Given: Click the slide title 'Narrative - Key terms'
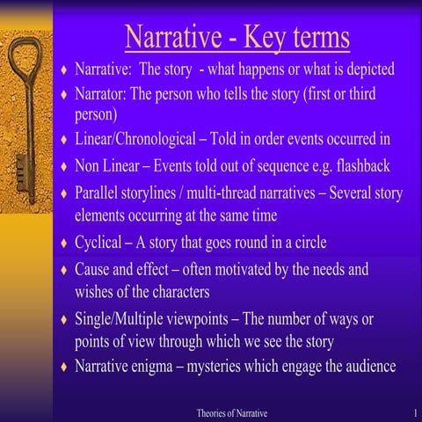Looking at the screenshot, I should [237, 38].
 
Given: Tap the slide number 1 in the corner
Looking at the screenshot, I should [413, 412].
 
